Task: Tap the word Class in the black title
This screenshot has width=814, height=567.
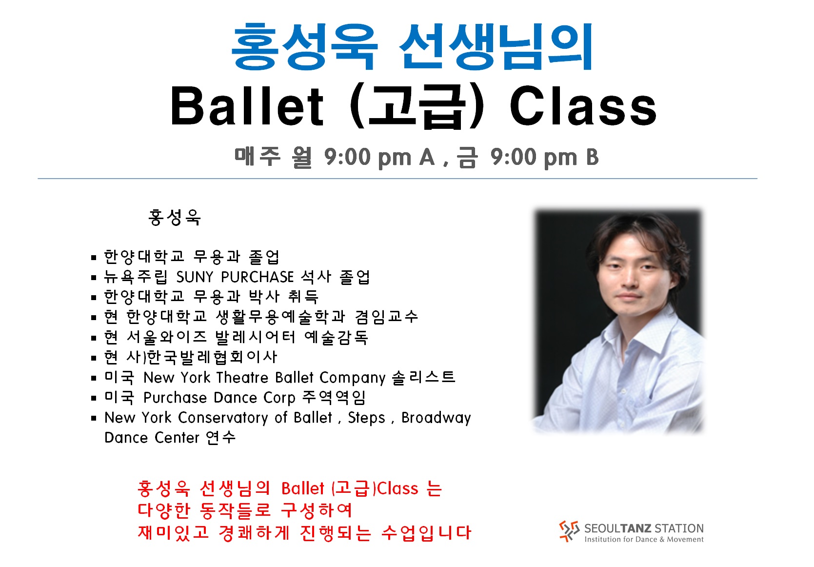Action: tap(583, 106)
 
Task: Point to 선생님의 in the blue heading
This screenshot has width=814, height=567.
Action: tap(496, 46)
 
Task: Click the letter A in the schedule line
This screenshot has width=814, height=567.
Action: tap(427, 157)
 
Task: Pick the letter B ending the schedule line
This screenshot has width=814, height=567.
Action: tap(592, 157)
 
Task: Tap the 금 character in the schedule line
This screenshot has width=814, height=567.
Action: tap(467, 157)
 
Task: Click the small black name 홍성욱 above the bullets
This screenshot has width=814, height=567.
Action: tap(175, 217)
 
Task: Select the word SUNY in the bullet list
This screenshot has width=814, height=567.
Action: tap(195, 277)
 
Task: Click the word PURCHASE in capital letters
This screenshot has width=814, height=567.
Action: tap(258, 277)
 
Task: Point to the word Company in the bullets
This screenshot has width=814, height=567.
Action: tap(352, 378)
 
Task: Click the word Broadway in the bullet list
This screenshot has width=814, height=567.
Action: tap(436, 418)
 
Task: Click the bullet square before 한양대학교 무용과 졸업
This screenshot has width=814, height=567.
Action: tap(94, 258)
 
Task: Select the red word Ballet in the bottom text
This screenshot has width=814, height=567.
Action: tap(302, 488)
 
